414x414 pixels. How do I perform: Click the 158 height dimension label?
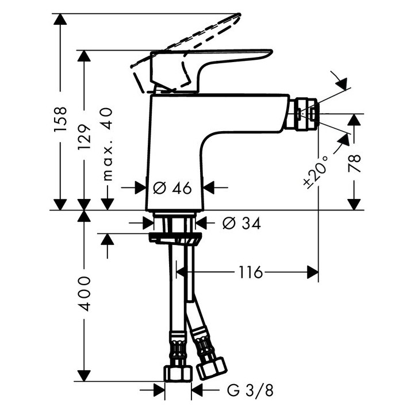60,119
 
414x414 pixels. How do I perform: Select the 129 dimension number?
84,136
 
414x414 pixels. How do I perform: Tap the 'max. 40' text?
107,144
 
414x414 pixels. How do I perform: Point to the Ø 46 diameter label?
172,188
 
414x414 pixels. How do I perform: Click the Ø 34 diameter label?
241,223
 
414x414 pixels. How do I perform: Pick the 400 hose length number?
84,294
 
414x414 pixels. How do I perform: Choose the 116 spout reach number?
251,272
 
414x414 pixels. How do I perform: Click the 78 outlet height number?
354,163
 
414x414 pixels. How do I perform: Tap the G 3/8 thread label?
250,390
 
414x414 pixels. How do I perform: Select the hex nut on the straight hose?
178,373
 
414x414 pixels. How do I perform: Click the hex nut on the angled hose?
212,368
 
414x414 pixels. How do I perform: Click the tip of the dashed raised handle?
239,14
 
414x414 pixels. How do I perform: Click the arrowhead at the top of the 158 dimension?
60,19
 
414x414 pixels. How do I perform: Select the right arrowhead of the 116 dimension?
313,272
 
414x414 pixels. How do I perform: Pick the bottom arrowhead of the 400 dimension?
84,375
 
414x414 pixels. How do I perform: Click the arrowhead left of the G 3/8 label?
159,390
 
